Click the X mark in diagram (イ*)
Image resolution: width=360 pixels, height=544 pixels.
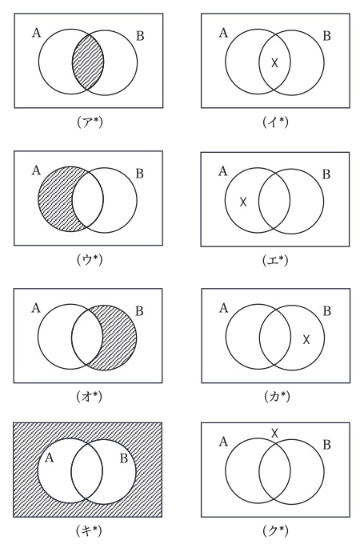coord(274,62)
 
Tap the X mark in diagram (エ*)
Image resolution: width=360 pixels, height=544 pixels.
coord(243,202)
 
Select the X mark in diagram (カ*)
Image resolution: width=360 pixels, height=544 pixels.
coord(306,339)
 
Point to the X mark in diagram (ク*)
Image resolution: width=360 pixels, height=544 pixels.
coord(274,433)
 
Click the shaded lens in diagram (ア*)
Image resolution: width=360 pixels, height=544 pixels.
coord(88,62)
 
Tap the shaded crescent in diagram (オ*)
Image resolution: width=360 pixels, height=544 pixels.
coord(120,338)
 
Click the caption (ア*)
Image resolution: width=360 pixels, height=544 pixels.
coord(90,122)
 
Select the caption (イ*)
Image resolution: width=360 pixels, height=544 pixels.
coord(275,122)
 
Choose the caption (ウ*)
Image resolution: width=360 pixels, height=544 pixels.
coord(90,259)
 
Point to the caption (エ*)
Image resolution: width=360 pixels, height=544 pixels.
coord(275,260)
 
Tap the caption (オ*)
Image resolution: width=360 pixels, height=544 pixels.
coord(90,397)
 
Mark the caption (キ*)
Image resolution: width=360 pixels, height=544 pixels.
coord(89,531)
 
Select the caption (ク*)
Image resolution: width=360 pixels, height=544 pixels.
coord(275,531)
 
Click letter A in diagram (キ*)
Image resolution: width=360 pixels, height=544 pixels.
coord(50,458)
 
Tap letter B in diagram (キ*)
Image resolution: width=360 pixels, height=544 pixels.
coord(124,458)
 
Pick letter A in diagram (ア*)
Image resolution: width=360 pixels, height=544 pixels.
coord(37,33)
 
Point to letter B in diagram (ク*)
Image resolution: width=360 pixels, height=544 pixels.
coord(326,445)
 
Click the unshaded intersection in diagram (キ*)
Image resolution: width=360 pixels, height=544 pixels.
coord(87,470)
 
